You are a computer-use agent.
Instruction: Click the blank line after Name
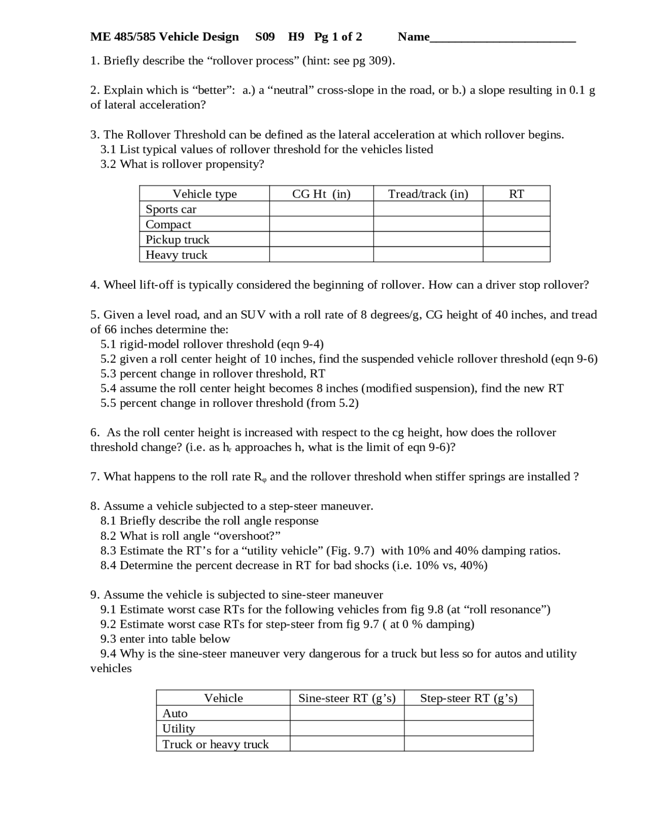click(502, 37)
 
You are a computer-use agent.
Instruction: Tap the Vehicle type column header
click(204, 194)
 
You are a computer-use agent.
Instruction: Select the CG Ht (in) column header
click(321, 194)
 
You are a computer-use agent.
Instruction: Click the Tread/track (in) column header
click(428, 194)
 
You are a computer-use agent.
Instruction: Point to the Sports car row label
click(171, 209)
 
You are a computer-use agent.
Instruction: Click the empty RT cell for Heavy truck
click(516, 255)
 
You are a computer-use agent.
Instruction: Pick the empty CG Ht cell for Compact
click(321, 224)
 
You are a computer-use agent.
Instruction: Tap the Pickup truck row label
click(177, 240)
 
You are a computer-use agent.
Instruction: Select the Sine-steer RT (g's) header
click(347, 698)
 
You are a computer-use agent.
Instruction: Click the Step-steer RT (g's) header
click(469, 698)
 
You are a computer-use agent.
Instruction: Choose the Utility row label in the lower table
click(178, 728)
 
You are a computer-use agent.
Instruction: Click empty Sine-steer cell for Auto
click(347, 713)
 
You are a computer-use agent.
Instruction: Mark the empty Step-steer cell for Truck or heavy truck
click(469, 743)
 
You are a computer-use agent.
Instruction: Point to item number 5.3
click(108, 374)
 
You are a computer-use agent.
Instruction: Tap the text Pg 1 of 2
click(338, 37)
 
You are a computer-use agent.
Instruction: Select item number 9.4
click(108, 654)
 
